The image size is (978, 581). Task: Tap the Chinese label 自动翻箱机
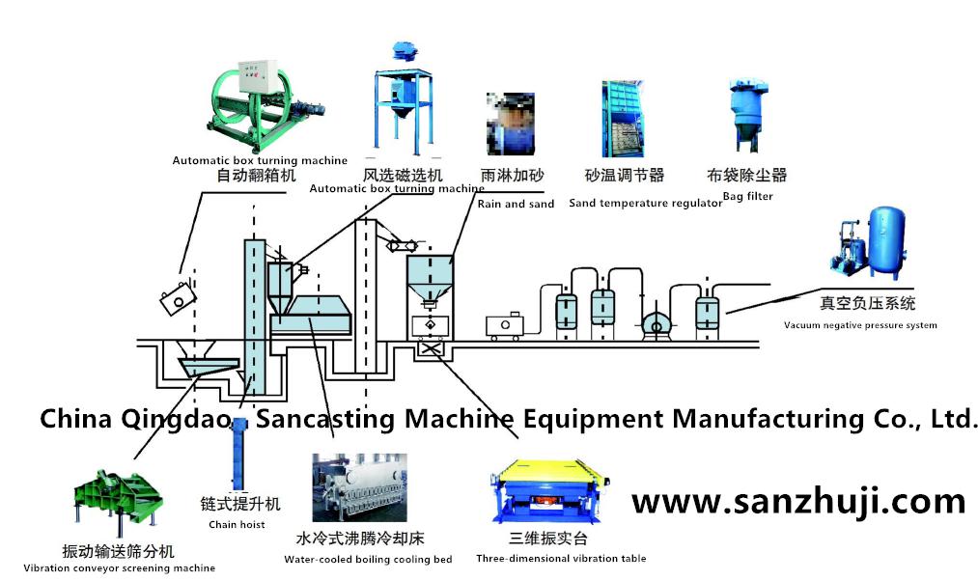[255, 176]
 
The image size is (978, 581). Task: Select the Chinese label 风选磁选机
[403, 176]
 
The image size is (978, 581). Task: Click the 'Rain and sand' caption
[516, 204]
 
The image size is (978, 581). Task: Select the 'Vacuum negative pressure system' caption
[860, 325]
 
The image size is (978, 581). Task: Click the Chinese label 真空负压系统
[867, 303]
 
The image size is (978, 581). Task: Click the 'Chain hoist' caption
[237, 525]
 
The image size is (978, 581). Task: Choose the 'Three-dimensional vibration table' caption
[561, 558]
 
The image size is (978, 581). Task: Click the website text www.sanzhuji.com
[797, 502]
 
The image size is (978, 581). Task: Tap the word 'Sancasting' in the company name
[325, 418]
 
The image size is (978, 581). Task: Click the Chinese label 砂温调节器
[625, 176]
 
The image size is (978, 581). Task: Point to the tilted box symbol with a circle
[177, 300]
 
